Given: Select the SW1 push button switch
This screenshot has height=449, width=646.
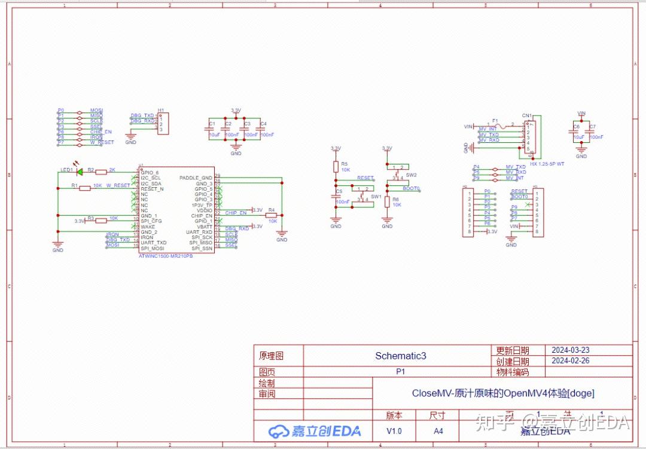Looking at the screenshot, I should pos(363,196).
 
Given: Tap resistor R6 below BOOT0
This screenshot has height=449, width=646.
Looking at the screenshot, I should pos(387,202).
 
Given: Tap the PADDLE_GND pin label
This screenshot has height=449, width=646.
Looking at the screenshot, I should pos(196,178).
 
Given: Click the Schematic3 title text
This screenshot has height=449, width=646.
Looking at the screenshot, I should pos(400,356).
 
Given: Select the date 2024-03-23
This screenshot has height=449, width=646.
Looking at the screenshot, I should pos(570,350).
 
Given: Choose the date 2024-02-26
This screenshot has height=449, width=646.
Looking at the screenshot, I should pos(570,361).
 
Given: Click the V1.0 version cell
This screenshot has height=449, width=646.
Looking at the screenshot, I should pos(394,431).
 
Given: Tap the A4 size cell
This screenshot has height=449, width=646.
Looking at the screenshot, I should pos(438,431).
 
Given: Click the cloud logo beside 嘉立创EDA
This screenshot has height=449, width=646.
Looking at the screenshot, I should pos(279,431).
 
